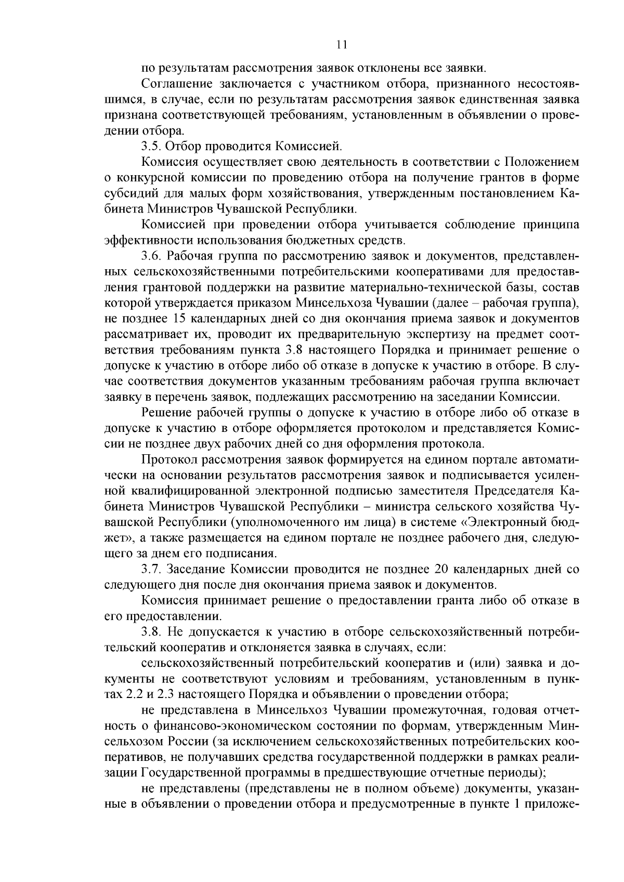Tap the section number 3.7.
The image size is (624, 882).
151,569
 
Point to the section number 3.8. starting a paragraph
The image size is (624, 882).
151,631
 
